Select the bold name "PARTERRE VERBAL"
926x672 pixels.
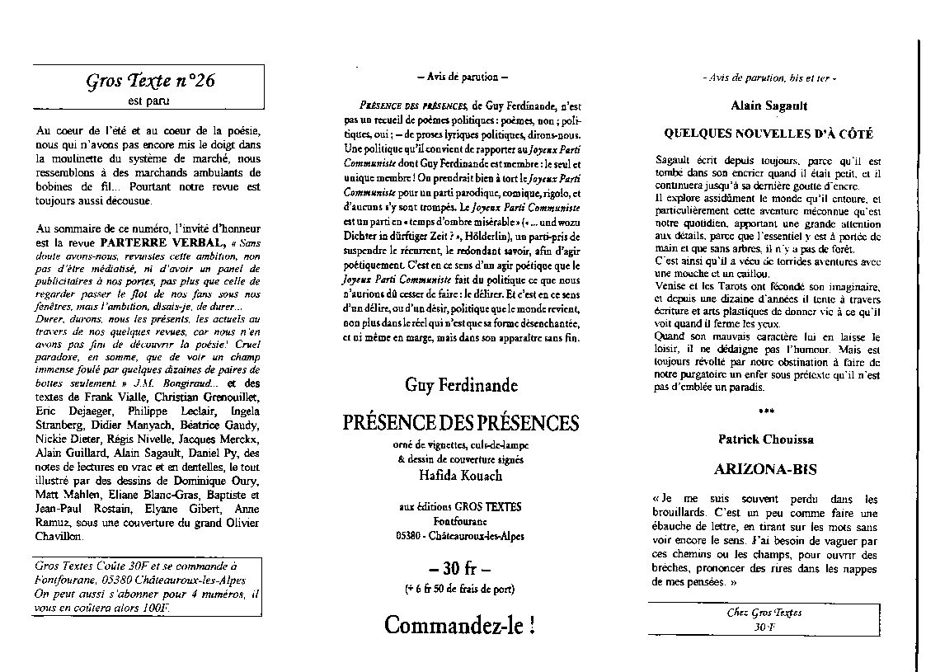pos(165,243)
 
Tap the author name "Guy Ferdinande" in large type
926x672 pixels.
pos(461,385)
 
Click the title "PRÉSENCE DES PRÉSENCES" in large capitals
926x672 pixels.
pos(461,423)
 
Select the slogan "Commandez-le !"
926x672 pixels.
pos(461,625)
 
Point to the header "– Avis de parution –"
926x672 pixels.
pos(462,77)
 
